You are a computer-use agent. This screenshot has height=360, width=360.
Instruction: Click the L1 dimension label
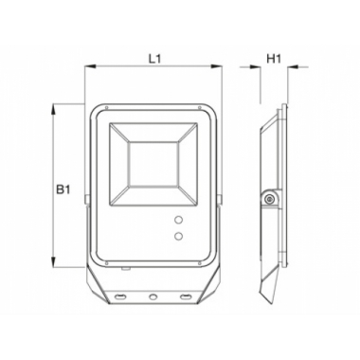tap(154, 59)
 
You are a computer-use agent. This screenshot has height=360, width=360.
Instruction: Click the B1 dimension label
tap(63, 189)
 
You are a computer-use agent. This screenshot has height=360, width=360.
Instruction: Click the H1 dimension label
tap(274, 59)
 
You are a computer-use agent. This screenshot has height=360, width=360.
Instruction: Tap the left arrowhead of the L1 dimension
tap(90, 66)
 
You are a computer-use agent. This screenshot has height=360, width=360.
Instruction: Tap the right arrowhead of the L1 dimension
tap(216, 66)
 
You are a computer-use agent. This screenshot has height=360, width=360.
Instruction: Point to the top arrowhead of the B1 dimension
tap(54, 109)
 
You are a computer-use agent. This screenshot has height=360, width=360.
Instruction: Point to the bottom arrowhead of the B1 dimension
tap(54, 262)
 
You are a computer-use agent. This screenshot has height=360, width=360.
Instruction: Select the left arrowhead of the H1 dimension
tap(256, 66)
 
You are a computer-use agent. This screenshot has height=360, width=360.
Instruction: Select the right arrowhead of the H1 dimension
tap(293, 66)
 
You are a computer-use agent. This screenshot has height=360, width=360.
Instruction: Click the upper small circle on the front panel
tap(179, 220)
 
